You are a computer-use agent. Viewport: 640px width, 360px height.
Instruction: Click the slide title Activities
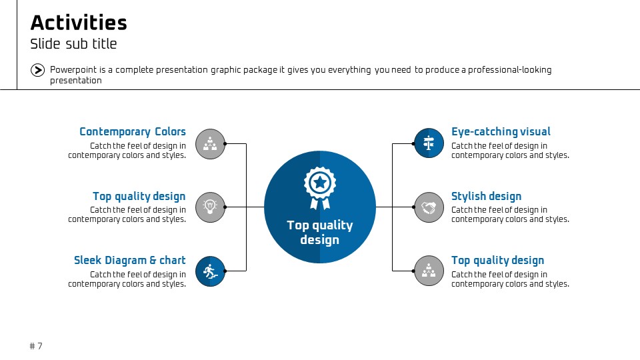[x=79, y=23]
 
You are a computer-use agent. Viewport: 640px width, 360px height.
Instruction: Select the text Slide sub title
[x=73, y=44]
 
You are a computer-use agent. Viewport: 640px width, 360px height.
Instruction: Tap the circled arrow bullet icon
[x=37, y=70]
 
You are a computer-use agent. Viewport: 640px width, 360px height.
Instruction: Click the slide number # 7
[x=36, y=346]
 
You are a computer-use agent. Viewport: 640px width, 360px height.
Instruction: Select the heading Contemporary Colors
[x=133, y=132]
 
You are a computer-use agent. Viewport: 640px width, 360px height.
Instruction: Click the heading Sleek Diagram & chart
[x=130, y=261]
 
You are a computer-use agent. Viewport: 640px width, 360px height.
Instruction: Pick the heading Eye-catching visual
[x=501, y=132]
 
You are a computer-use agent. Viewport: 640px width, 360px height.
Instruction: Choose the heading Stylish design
[x=486, y=196]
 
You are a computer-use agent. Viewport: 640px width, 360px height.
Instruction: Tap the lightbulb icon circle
[x=210, y=207]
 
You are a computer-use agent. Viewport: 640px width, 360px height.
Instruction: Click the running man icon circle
[x=210, y=271]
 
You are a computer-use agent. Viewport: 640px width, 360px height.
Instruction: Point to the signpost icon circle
[x=429, y=143]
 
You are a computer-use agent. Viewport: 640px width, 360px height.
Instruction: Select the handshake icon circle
[x=429, y=207]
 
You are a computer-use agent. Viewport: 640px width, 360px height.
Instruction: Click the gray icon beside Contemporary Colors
[x=210, y=144]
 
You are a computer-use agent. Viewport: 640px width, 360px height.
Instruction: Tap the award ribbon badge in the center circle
[x=320, y=188]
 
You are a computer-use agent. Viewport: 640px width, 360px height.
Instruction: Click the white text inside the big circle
[x=320, y=232]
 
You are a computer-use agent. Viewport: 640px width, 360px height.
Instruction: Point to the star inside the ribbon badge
[x=320, y=183]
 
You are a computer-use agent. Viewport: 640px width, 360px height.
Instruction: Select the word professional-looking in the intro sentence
[x=510, y=70]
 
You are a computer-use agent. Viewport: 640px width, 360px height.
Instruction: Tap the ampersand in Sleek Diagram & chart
[x=153, y=261]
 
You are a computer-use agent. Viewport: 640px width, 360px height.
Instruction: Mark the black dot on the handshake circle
[x=413, y=207]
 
